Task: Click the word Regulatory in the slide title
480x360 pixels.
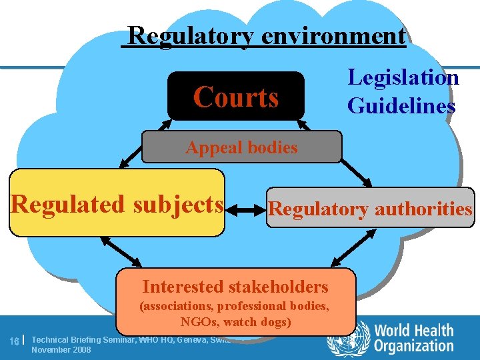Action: pos(191,35)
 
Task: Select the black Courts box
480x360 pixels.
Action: pos(235,97)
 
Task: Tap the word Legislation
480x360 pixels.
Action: pos(403,78)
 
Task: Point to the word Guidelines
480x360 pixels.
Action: pos(401,106)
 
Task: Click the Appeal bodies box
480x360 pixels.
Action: pos(241,147)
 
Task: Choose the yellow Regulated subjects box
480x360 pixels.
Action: pos(117,203)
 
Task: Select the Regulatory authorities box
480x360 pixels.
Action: pos(370,209)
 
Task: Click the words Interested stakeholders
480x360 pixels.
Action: pos(235,287)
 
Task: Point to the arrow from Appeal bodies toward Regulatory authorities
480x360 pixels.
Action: pos(357,172)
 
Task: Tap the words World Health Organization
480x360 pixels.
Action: pos(413,339)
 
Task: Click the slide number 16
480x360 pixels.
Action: pos(14,341)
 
